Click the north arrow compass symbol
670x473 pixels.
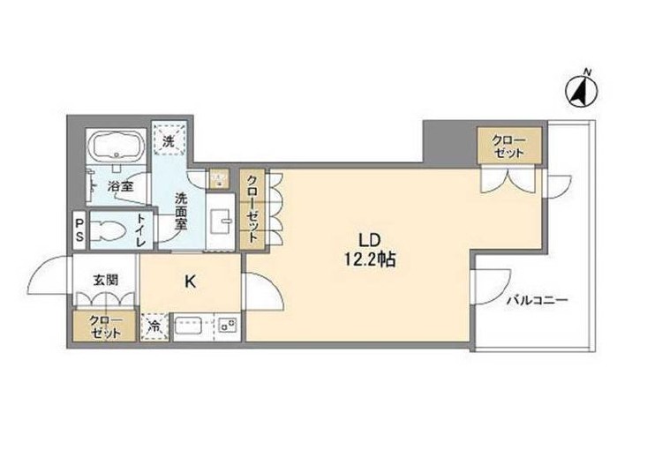580,88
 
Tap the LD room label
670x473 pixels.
369,239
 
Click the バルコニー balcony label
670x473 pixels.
537,300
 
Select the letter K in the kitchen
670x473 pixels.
189,283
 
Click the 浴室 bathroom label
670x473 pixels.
121,186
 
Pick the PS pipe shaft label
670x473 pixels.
79,230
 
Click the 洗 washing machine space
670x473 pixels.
168,138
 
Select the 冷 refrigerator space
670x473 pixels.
154,327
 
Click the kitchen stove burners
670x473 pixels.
226,327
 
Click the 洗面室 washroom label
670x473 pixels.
180,211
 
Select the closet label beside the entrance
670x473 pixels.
104,326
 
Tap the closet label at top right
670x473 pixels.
508,146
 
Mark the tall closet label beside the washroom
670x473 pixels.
252,208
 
